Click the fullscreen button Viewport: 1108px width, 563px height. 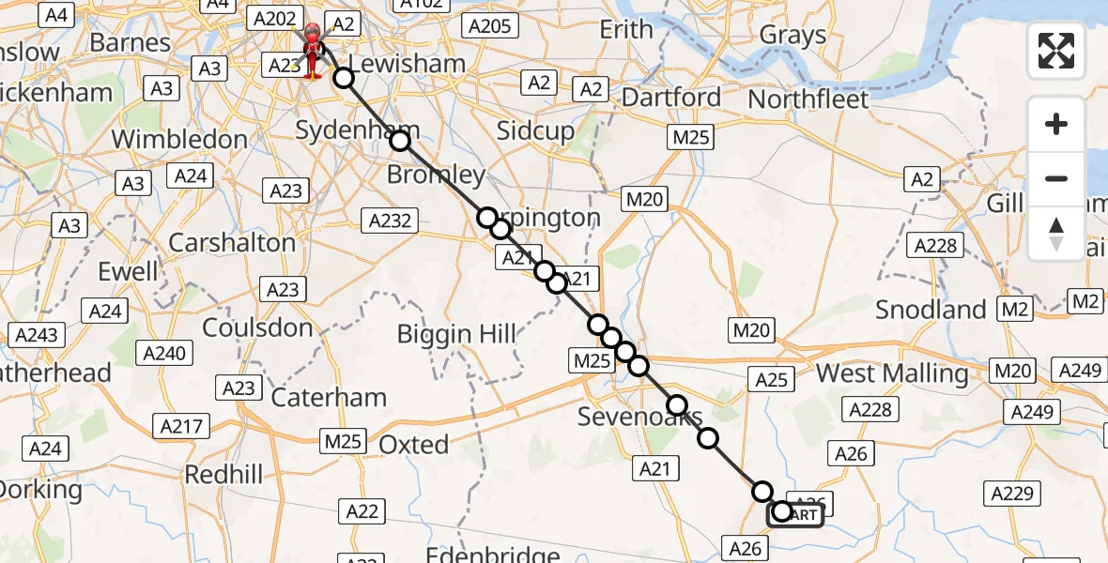point(1056,51)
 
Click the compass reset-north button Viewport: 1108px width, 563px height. point(1056,234)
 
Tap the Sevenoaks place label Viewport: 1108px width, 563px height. point(639,417)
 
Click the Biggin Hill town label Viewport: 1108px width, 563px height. point(456,333)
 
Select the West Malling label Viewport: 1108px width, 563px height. point(891,373)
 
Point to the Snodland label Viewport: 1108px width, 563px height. point(931,309)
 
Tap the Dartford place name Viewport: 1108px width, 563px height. point(671,97)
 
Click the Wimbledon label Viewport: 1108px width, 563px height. point(179,139)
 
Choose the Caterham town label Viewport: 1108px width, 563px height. point(329,397)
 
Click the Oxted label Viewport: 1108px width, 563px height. point(414,444)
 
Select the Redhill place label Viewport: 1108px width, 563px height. point(223,475)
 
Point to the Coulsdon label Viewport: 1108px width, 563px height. point(257,327)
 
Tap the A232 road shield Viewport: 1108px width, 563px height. point(388,220)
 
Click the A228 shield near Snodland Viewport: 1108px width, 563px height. point(936,246)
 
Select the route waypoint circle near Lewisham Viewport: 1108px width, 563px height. point(345,79)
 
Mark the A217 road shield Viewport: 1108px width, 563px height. point(181,427)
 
